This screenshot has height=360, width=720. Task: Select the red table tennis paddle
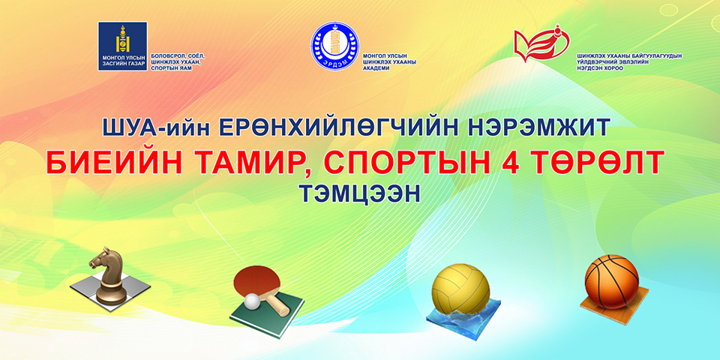coord(255,282)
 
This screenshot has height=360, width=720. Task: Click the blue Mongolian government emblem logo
coord(122,46)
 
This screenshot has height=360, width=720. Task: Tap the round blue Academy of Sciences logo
coord(334,47)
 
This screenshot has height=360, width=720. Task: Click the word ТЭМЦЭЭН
coord(358,192)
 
